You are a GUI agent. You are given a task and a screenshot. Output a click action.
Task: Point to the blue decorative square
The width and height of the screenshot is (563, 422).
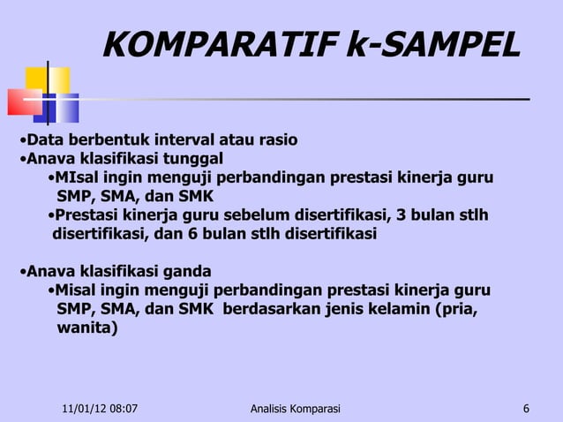(x=60, y=107)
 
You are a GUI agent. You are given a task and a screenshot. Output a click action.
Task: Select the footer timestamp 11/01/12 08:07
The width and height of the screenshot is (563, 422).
(x=103, y=409)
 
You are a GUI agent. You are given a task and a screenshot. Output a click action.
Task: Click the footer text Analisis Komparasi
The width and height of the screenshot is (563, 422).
(x=295, y=409)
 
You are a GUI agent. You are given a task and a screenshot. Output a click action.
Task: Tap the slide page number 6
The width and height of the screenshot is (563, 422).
(x=526, y=409)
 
